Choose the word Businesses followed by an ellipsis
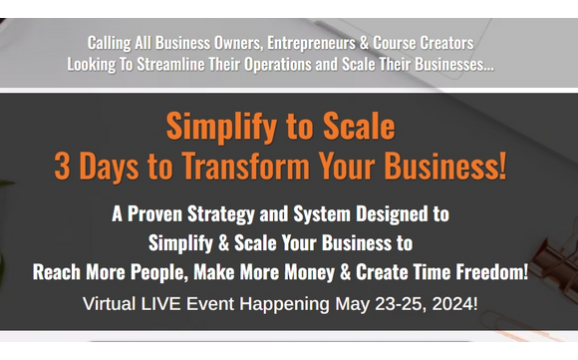tap(453, 64)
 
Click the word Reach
tap(57, 272)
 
